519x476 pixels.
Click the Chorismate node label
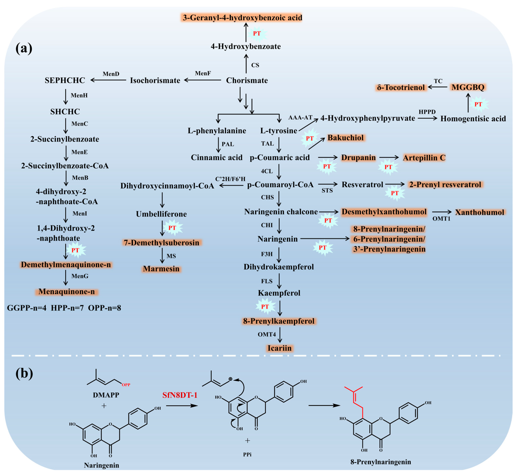[247, 80]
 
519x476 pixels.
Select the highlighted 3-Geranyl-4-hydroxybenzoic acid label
[242, 17]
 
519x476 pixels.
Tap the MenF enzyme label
[203, 73]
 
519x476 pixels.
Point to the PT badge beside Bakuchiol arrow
[310, 138]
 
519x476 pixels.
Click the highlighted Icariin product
[279, 348]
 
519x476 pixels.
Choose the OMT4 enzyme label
[267, 334]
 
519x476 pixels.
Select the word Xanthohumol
[479, 212]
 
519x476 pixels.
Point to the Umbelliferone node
[161, 214]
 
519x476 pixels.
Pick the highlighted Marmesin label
[161, 269]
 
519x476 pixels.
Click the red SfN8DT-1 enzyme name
[180, 395]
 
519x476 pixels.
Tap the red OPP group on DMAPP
[126, 385]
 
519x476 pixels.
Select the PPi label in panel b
[247, 454]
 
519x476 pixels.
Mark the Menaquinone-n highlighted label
[67, 292]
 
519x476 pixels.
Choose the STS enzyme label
[327, 191]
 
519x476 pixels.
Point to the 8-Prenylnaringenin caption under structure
[380, 462]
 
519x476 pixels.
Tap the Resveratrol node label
[362, 185]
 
